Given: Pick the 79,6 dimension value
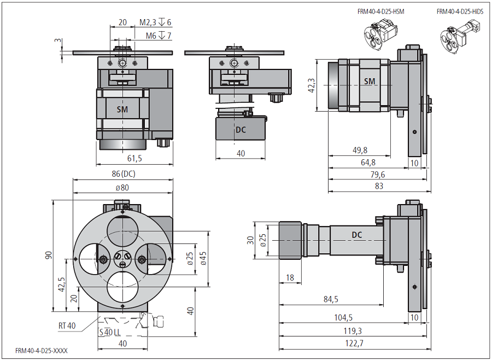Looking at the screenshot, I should click(x=377, y=175).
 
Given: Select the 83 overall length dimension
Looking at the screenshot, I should click(x=379, y=186).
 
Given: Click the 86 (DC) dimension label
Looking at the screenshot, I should click(x=123, y=175).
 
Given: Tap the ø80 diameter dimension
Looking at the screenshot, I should click(x=123, y=187).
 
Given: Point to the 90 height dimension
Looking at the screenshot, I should click(x=49, y=256).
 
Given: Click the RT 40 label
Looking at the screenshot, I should click(x=67, y=326).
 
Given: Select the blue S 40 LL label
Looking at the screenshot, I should click(x=110, y=332).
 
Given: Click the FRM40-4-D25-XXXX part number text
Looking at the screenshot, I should click(x=42, y=350).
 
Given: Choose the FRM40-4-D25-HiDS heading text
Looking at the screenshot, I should click(x=460, y=11).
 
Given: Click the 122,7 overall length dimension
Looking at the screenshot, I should click(x=354, y=344).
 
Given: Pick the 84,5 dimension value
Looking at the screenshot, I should click(x=343, y=299).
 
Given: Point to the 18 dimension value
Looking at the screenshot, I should click(x=290, y=278).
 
